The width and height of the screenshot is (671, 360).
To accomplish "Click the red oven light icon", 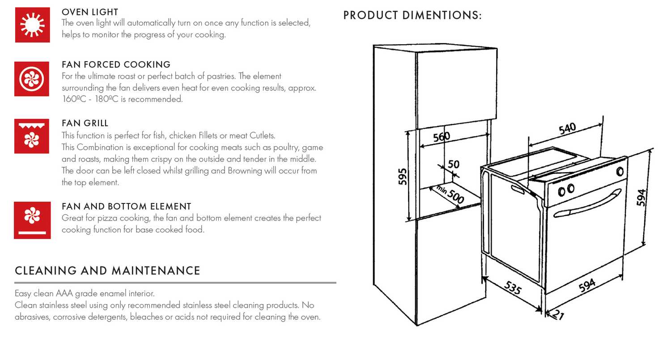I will [32, 25].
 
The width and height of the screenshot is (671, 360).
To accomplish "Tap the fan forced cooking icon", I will [32, 79].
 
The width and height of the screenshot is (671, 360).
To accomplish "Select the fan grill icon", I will [32, 136].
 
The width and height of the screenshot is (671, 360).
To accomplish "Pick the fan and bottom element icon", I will [32, 220].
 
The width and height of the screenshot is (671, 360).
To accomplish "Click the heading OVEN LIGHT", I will [90, 12].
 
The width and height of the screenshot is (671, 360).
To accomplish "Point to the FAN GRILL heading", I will [85, 123].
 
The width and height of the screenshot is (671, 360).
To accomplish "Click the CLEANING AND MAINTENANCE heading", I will [107, 271].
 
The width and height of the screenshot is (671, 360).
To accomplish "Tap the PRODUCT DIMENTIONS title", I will [412, 15].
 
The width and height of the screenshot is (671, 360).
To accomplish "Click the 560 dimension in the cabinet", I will [441, 136].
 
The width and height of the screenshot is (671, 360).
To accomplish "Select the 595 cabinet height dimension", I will [402, 177].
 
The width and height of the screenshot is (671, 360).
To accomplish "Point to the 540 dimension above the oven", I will [567, 129].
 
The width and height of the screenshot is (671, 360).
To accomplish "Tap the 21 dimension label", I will [557, 315].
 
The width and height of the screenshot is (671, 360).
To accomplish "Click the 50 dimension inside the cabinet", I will [453, 164].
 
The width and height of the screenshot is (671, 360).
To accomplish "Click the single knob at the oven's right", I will [620, 171].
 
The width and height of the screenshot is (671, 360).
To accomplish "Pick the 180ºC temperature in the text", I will [107, 99].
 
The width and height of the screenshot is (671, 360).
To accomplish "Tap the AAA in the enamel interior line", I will [65, 294].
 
